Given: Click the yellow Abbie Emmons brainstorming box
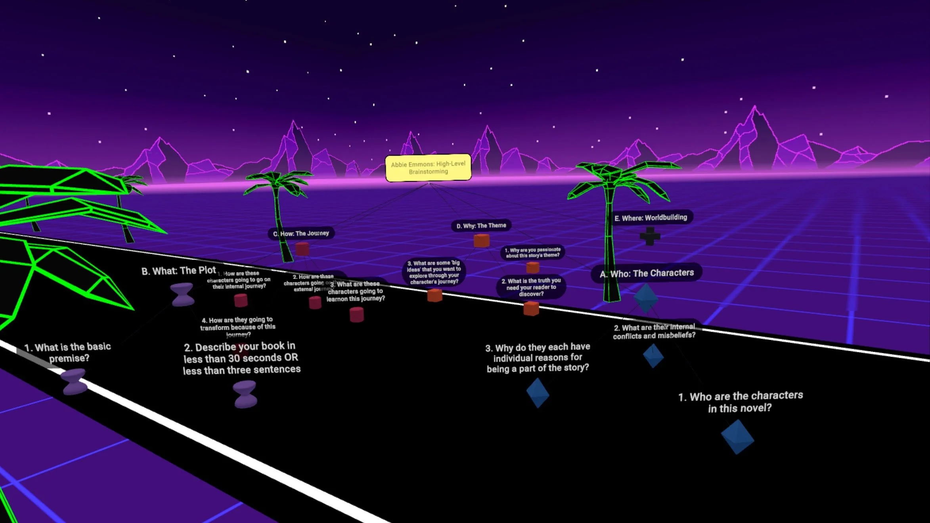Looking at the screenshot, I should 428,168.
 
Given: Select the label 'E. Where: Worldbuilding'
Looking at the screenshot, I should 651,218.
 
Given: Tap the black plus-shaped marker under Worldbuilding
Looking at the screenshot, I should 650,236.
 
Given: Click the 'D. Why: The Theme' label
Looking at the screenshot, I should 481,225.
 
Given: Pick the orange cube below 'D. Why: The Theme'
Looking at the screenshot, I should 482,241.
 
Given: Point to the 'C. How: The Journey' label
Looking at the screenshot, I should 301,233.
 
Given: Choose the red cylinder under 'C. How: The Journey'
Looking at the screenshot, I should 302,249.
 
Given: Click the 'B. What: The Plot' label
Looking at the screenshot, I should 179,271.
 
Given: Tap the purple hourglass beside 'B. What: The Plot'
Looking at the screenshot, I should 182,294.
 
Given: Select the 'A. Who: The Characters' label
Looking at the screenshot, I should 647,273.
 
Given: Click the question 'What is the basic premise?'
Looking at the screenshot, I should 68,352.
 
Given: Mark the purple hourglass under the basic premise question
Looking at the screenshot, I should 74,381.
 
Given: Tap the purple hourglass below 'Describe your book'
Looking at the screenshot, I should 245,394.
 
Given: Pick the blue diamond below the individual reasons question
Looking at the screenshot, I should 538,393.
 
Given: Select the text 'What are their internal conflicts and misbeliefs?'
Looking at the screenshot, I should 654,331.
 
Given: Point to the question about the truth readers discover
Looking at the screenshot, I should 531,287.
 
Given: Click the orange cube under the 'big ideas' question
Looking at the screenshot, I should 435,295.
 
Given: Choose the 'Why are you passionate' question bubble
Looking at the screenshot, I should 532,252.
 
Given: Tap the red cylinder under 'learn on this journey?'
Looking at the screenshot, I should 357,315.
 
